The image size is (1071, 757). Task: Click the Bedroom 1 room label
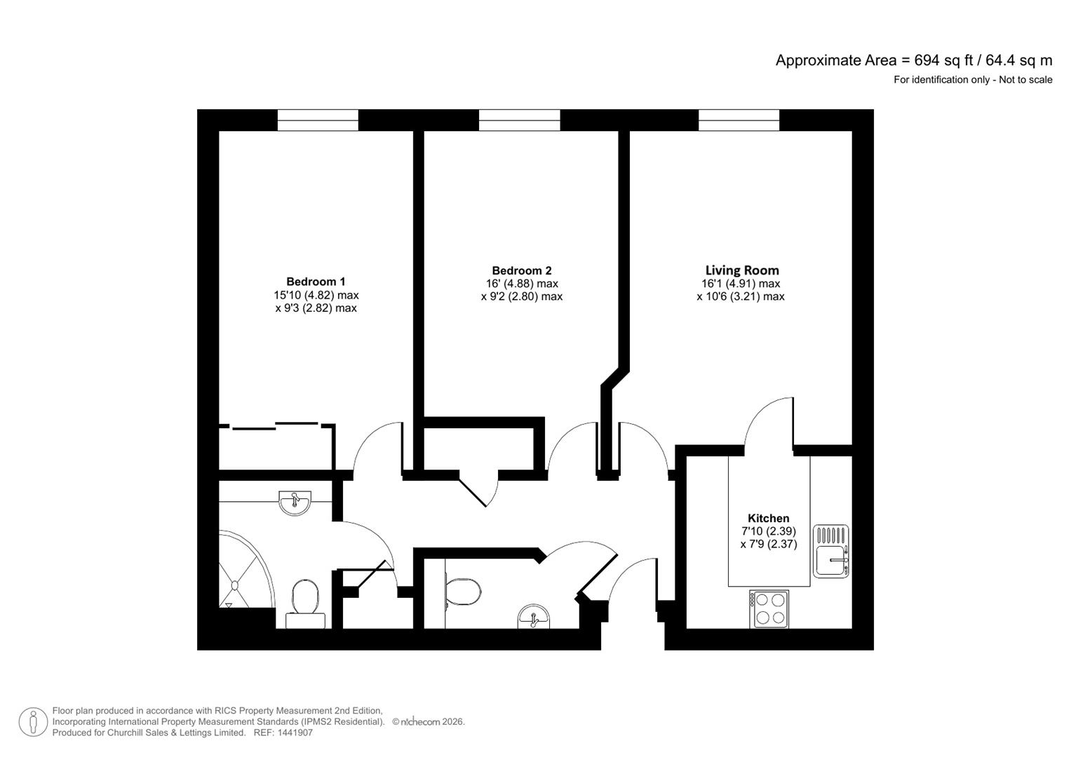click(x=316, y=282)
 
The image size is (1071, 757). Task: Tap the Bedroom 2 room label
click(x=521, y=271)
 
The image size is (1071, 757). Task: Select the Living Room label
click(x=741, y=271)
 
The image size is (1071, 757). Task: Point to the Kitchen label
click(x=768, y=519)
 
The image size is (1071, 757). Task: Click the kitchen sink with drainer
click(x=831, y=552)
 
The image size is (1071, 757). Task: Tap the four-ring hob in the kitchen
click(x=769, y=608)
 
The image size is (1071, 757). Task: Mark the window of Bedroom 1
click(x=318, y=120)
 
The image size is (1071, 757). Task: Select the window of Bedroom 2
click(x=519, y=120)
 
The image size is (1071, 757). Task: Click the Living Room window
click(x=739, y=120)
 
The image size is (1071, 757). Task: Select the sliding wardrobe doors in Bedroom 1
click(x=276, y=425)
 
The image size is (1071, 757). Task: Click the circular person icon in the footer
click(x=33, y=722)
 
